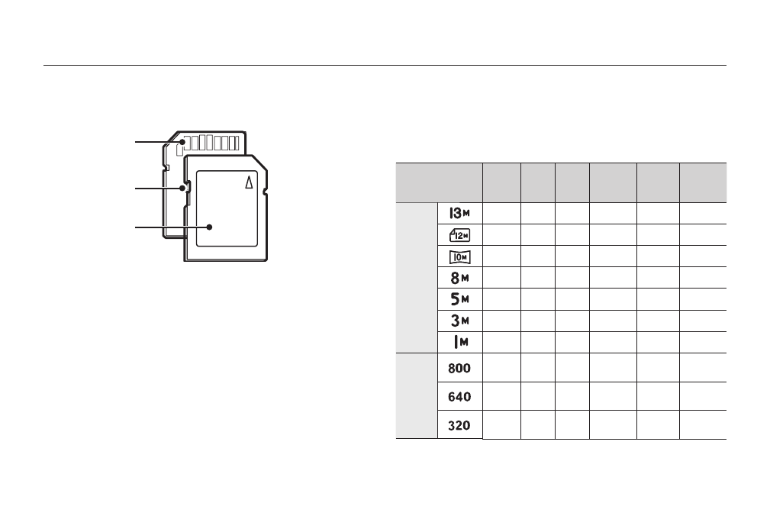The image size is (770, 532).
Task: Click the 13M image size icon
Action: click(459, 213)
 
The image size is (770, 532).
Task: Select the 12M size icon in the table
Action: click(459, 235)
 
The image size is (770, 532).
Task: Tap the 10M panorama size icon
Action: click(459, 257)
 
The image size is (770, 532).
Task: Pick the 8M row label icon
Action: click(459, 278)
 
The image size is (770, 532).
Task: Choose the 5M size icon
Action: click(459, 299)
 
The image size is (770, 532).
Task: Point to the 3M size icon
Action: click(459, 321)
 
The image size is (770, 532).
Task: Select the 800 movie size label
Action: click(459, 368)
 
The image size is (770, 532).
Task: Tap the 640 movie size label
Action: click(459, 396)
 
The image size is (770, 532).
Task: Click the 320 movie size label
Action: click(459, 425)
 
